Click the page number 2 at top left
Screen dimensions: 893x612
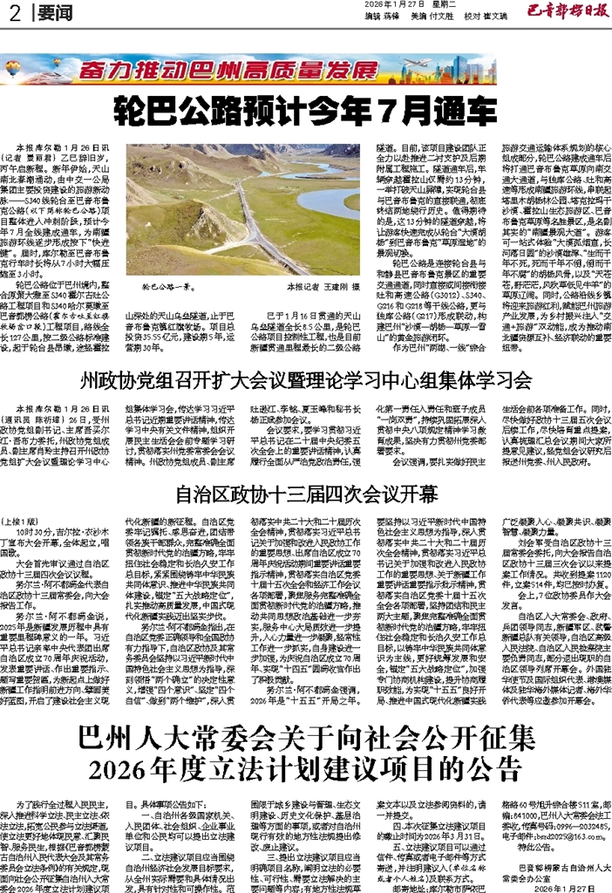pyautogui.click(x=13, y=13)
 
